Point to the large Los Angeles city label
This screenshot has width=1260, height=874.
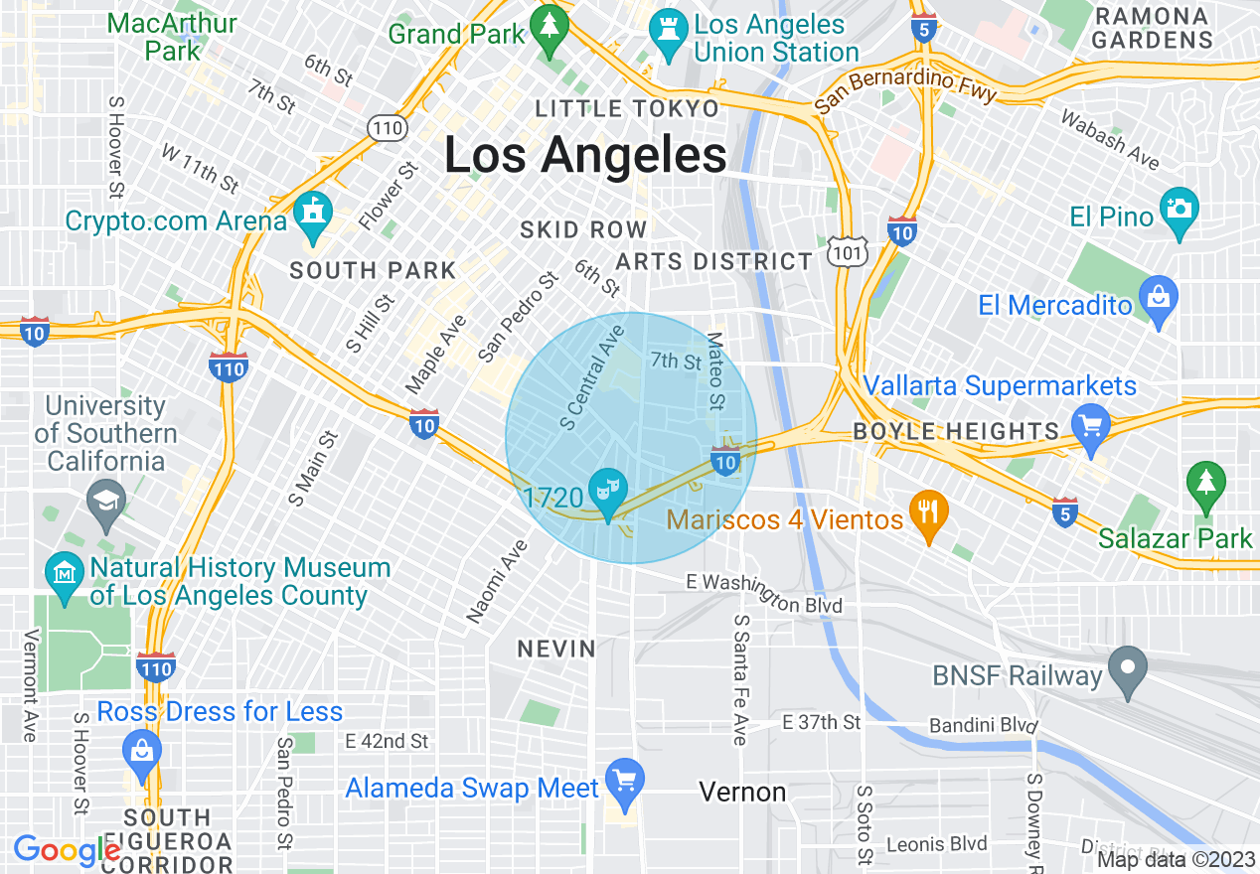coord(584,156)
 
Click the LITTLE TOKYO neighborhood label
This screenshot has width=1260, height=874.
coord(626,108)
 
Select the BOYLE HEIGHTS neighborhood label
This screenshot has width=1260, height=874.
coord(956,431)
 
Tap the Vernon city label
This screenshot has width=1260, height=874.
coord(742,792)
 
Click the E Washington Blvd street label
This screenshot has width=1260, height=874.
coord(764,593)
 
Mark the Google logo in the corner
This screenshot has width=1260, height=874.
coord(67,850)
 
